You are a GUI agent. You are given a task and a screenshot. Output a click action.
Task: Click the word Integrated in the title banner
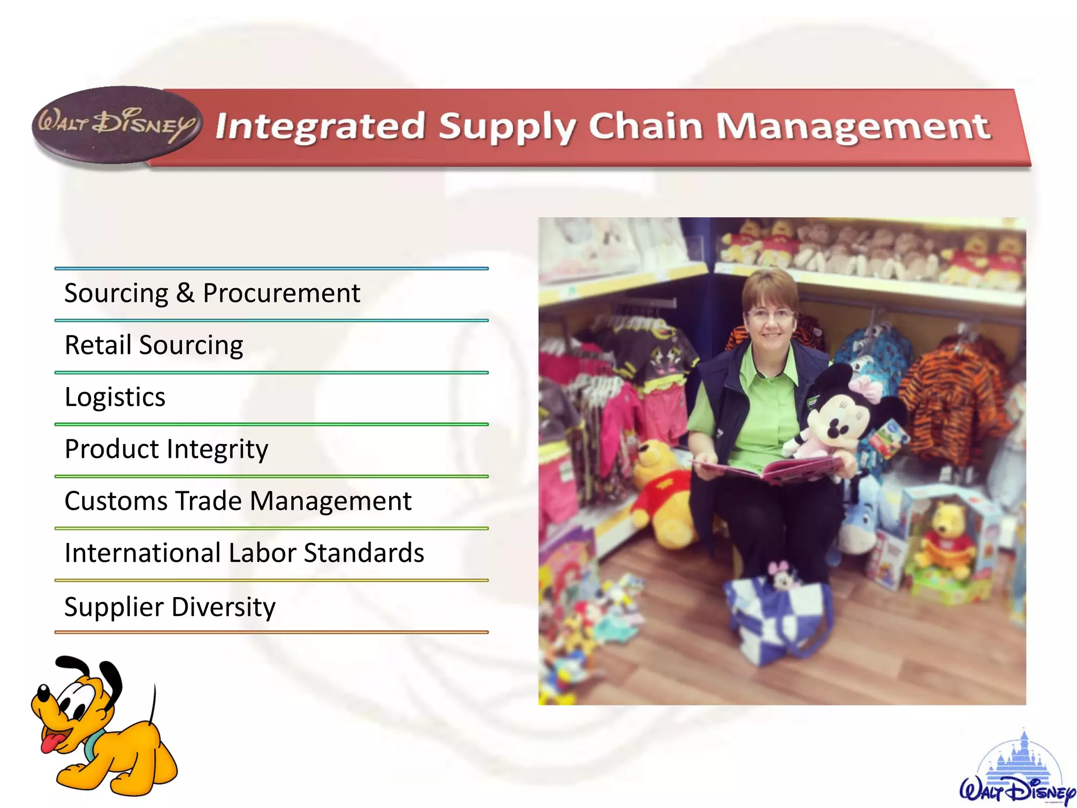(x=320, y=126)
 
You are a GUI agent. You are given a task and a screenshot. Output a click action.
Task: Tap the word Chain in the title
(x=645, y=126)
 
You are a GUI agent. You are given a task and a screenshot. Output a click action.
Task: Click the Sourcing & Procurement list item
(x=212, y=293)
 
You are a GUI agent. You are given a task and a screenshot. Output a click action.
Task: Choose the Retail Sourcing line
(x=154, y=345)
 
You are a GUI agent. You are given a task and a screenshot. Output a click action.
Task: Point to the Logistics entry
(x=115, y=397)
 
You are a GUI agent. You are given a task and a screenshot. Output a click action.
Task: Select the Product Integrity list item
(x=166, y=449)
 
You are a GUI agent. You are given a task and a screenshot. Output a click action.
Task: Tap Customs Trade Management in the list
(x=238, y=501)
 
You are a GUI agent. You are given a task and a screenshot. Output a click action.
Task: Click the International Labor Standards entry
(x=244, y=553)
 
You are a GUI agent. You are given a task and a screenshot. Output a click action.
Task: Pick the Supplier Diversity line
(x=170, y=607)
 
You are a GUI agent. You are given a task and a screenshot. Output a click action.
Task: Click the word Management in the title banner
(x=853, y=126)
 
